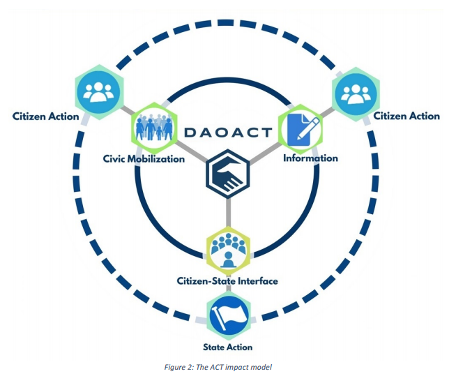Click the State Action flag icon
[229, 315]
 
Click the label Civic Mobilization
[144, 158]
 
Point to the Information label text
[310, 158]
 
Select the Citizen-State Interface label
[227, 281]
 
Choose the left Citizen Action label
[45, 116]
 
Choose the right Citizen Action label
[406, 116]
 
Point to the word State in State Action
[215, 347]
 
